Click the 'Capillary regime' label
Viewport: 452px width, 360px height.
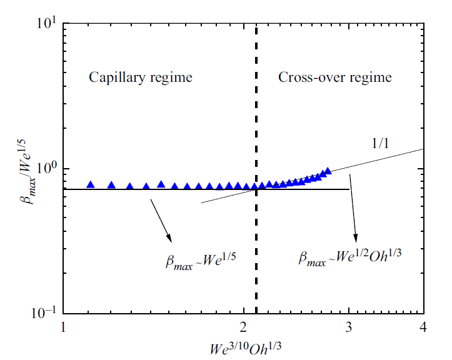pos(140,78)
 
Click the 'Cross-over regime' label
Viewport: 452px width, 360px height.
pos(335,78)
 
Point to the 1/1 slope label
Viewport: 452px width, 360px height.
pos(378,143)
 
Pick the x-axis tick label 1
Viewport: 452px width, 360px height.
pos(63,327)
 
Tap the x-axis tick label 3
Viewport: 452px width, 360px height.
pos(349,327)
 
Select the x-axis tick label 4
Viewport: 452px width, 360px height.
pos(424,327)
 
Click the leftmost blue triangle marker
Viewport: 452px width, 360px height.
pos(91,185)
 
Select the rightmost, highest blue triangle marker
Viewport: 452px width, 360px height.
pos(328,171)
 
